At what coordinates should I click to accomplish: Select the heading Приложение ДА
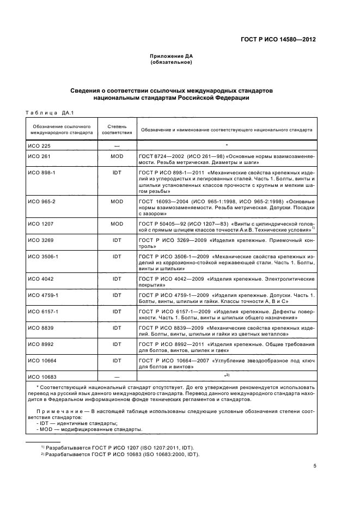[x=172, y=57]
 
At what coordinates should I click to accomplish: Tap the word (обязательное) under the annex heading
[x=172, y=63]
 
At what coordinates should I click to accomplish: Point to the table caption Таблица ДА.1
[x=50, y=113]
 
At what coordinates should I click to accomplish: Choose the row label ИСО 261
[x=38, y=156]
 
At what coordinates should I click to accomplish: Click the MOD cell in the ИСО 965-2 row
[x=117, y=201]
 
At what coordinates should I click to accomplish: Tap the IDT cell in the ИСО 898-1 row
[x=117, y=172]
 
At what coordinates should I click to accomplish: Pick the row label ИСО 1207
[x=40, y=223]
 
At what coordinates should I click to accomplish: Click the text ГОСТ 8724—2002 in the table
[x=163, y=156]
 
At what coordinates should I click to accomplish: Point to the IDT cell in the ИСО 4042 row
[x=117, y=278]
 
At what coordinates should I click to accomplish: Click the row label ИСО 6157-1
[x=42, y=311]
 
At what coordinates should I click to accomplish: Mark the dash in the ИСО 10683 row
[x=117, y=377]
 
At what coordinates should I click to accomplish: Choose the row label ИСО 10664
[x=41, y=361]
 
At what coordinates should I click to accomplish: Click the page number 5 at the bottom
[x=315, y=466]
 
